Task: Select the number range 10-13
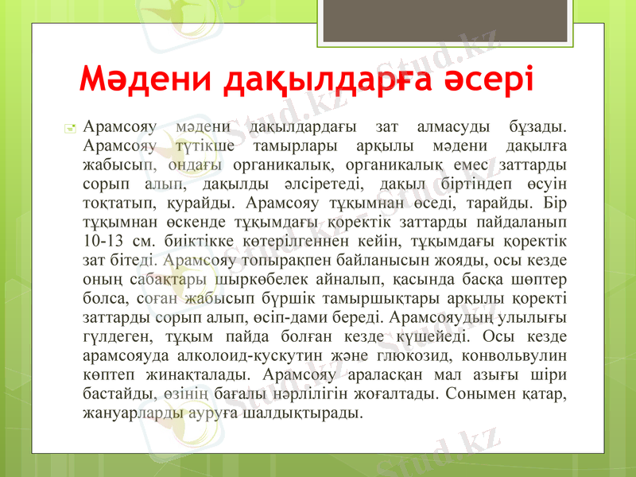click(103, 239)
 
